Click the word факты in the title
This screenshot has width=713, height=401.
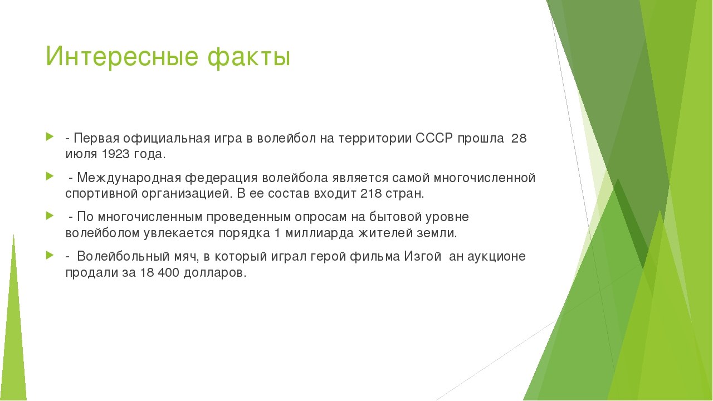tap(249, 57)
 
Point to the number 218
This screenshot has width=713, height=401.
tap(371, 193)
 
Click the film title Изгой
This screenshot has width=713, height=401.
tap(423, 257)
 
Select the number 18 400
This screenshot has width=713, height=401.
tap(159, 273)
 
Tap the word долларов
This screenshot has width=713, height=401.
tap(215, 273)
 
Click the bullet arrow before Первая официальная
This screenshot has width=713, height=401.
tap(50, 137)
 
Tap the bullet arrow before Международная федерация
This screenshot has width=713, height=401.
tap(50, 176)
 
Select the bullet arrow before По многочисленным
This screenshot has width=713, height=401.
tap(50, 216)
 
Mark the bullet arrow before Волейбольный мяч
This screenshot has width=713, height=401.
tap(50, 255)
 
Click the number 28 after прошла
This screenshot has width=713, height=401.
tap(519, 139)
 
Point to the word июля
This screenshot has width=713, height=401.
tap(81, 155)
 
